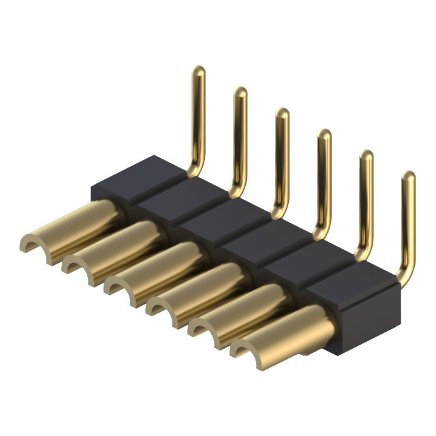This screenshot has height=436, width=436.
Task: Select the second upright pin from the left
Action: point(240,136)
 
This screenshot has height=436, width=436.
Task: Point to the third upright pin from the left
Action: point(281,157)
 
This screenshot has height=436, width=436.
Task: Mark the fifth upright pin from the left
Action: point(365,198)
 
